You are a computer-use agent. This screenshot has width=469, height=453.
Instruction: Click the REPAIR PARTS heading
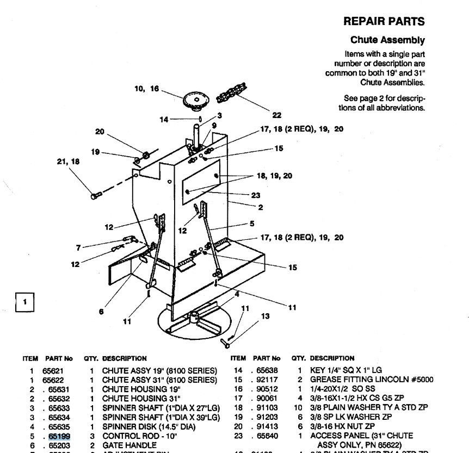[x=384, y=22]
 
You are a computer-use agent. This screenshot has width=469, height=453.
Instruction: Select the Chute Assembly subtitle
[x=387, y=40]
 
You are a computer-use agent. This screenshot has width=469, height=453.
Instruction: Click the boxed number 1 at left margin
[x=25, y=302]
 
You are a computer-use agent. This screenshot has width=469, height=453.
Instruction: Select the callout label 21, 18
[x=69, y=162]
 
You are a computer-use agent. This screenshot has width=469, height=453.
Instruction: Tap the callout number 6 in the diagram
[x=101, y=312]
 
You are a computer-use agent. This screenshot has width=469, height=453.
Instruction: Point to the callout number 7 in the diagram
[x=78, y=248]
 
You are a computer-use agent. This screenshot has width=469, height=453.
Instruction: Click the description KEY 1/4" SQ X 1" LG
[x=346, y=370]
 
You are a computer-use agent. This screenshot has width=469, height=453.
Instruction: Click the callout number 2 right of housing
[x=261, y=207]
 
